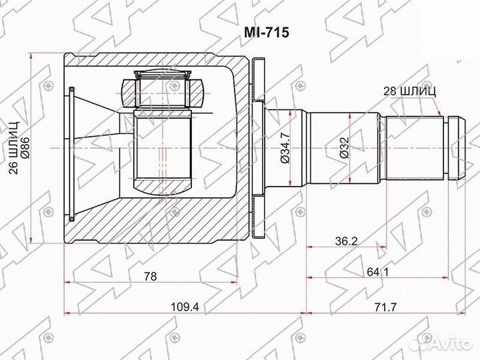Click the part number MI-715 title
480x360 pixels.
(266, 32)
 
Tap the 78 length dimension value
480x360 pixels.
(151, 276)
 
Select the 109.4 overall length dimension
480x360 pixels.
(185, 307)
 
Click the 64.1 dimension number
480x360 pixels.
(378, 271)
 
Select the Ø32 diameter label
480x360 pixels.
(344, 147)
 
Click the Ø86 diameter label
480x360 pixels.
(25, 147)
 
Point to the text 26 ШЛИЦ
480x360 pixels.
(14, 147)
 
